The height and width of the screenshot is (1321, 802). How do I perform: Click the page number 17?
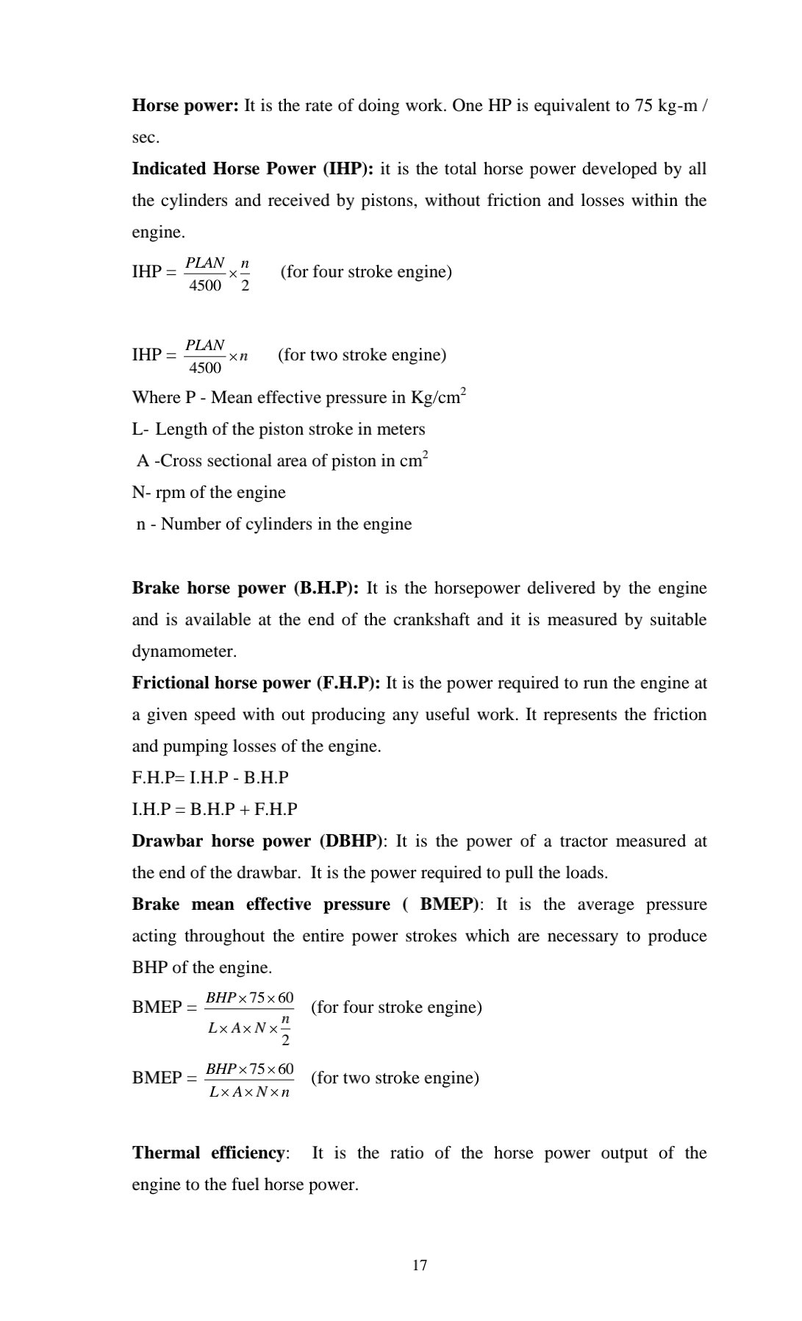420,1265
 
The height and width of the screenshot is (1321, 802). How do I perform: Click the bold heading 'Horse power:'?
185,106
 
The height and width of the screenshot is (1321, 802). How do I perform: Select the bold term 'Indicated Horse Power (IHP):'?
253,169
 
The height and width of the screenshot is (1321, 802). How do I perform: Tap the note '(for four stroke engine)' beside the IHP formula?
366,272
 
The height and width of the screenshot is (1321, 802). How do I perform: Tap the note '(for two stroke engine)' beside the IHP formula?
362,355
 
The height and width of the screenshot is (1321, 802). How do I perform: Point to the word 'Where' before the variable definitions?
151,398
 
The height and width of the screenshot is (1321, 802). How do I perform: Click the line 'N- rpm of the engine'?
209,493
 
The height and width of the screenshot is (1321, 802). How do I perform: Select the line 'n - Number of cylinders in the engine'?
273,524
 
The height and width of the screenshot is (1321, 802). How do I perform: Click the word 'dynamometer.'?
185,652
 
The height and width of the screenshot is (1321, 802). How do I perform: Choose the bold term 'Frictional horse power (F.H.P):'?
256,683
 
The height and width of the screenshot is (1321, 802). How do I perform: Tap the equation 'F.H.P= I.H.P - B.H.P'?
210,778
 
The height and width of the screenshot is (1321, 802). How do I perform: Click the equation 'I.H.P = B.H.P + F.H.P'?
215,810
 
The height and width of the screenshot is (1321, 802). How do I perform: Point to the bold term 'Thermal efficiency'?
208,1153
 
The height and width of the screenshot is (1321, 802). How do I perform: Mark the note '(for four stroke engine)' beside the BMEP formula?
396,1008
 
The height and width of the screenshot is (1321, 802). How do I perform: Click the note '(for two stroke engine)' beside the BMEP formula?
395,1078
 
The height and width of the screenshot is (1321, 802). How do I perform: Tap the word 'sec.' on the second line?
146,138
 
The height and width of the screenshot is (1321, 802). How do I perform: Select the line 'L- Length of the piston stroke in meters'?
279,430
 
